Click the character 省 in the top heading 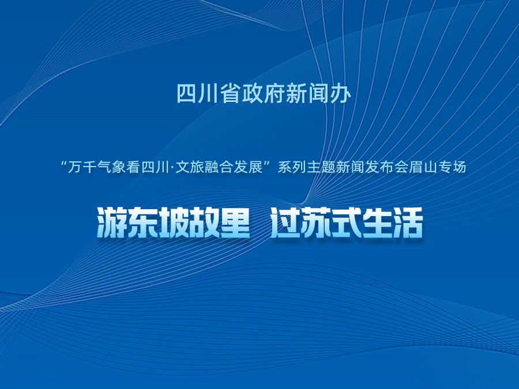click(231, 93)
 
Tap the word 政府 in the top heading click(264, 93)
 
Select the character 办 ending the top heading click(340, 93)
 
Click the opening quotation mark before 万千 click(64, 164)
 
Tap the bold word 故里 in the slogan click(220, 222)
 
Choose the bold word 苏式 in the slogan click(332, 222)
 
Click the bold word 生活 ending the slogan click(393, 222)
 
